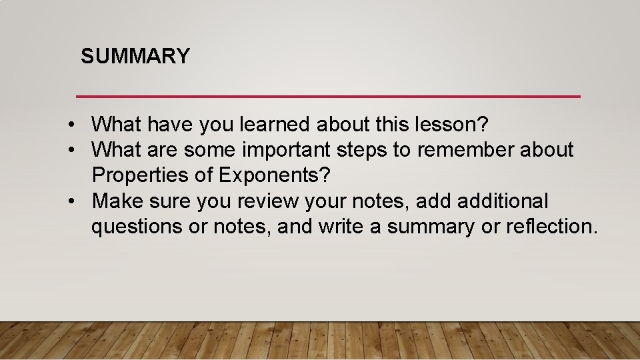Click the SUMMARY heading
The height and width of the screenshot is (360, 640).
[135, 56]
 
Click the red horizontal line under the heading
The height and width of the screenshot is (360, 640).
[328, 97]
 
